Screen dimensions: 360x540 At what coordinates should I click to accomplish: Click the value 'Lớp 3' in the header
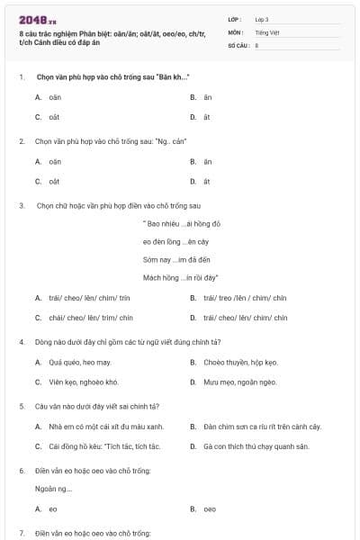pyautogui.click(x=262, y=18)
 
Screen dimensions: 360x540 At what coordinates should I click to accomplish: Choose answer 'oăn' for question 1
pyautogui.click(x=55, y=96)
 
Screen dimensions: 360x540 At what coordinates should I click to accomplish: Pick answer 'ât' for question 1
pyautogui.click(x=206, y=116)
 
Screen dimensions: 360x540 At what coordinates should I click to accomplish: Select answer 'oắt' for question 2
pyautogui.click(x=54, y=181)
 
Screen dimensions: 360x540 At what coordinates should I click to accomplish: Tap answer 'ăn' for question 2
pyautogui.click(x=207, y=161)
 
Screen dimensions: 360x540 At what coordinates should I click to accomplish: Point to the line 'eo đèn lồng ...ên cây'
pyautogui.click(x=176, y=241)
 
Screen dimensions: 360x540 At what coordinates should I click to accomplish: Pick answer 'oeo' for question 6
pyautogui.click(x=209, y=508)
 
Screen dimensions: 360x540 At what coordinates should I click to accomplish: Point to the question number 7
pyautogui.click(x=22, y=533)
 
